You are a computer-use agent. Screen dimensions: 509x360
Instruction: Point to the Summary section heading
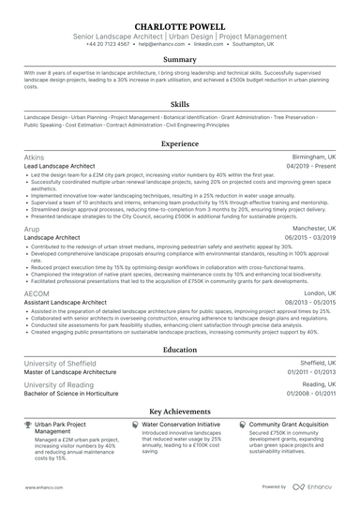[x=180, y=60]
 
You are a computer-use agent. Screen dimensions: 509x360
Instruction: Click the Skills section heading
[x=180, y=105]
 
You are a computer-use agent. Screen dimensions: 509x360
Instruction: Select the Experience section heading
[x=180, y=144]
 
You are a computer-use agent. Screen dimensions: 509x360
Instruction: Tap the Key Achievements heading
[x=180, y=411]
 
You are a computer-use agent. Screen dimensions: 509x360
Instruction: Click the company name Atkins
[x=36, y=158]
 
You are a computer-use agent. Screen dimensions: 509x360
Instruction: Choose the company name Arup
[x=33, y=228]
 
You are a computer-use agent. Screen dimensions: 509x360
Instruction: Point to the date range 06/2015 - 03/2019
[x=309, y=237]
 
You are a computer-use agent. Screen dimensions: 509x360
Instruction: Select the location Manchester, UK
[x=312, y=228]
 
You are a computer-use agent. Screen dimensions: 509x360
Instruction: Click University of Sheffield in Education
[x=60, y=362]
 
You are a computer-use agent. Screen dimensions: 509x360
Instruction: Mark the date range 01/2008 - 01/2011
[x=309, y=393]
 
